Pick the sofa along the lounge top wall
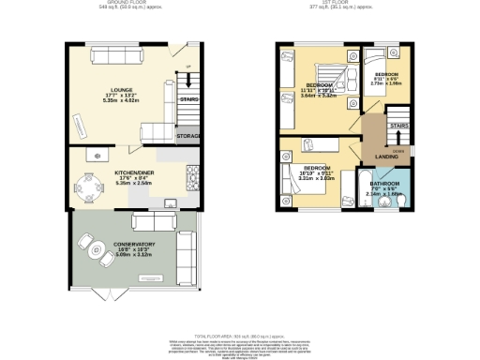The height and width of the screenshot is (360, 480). coord(116,57)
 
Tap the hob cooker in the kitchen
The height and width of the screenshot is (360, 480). coord(192,174)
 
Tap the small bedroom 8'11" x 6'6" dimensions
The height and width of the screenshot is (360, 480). coord(387,82)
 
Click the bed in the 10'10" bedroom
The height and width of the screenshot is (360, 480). coord(292,179)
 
